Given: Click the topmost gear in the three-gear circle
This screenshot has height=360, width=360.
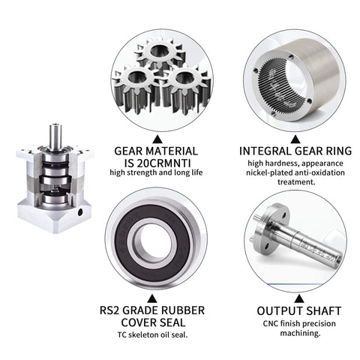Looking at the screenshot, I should point(160,55).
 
